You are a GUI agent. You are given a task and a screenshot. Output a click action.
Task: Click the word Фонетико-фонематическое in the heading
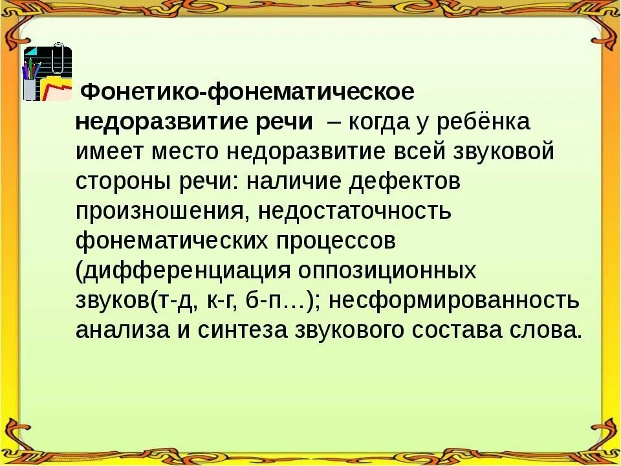coord(246,92)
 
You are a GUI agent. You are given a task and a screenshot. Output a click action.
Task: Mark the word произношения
coord(156,211)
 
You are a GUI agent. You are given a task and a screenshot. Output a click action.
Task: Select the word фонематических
coord(171,241)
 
